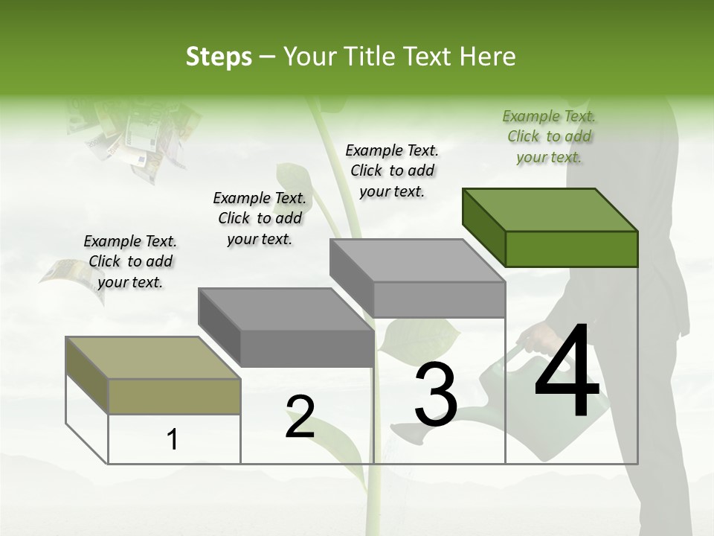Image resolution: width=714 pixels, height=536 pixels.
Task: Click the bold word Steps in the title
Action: click(x=219, y=57)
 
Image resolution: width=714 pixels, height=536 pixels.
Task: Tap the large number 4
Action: click(x=567, y=372)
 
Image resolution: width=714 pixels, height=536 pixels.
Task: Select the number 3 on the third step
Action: click(x=436, y=395)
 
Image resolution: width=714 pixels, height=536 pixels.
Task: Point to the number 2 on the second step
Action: click(x=300, y=417)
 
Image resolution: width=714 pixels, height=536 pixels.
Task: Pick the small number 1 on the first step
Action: click(x=173, y=440)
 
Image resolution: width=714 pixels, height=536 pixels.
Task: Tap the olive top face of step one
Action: click(x=152, y=357)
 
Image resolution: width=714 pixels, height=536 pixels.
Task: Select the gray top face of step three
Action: click(x=416, y=261)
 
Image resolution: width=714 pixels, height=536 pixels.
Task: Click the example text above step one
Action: click(x=130, y=261)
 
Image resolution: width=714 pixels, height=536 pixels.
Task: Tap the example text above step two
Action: click(x=260, y=218)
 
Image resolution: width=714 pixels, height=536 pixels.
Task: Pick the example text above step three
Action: click(x=392, y=170)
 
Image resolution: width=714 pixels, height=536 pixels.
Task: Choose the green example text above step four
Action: click(x=549, y=136)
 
